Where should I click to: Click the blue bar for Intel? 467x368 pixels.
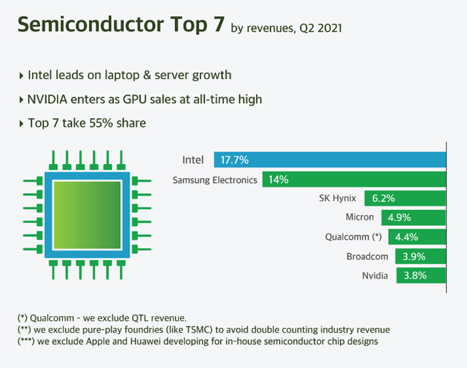pos(330,160)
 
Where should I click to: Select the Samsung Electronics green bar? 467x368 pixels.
pos(354,180)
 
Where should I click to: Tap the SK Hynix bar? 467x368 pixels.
pos(405,198)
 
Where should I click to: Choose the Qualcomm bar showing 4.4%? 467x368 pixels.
pos(417,237)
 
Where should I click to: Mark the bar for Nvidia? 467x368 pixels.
pos(421,275)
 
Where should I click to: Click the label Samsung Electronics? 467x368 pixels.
pos(215,180)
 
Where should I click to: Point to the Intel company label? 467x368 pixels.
pos(192,160)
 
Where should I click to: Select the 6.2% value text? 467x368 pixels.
pos(384,198)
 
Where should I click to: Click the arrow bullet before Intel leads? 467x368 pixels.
pos(22,76)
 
